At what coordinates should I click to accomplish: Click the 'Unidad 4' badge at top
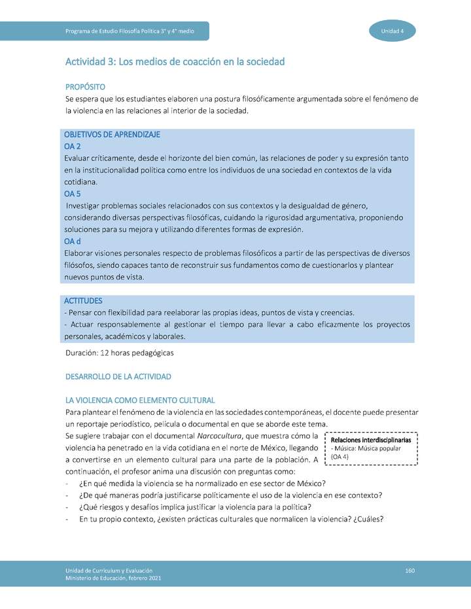click(392, 31)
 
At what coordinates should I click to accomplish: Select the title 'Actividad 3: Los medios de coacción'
click(175, 62)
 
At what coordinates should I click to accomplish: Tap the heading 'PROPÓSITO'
click(85, 87)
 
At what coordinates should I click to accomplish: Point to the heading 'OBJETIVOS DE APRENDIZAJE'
click(112, 135)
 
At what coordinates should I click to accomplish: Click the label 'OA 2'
click(72, 146)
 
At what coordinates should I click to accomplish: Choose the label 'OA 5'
click(72, 194)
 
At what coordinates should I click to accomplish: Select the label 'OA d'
click(72, 242)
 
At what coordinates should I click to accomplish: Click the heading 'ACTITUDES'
click(83, 301)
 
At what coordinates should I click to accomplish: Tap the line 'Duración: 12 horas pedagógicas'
click(120, 353)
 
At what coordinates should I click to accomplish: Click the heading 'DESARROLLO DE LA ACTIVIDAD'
click(118, 377)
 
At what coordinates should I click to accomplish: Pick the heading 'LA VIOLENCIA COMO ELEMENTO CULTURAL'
click(140, 400)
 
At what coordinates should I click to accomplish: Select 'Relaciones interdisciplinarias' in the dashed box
click(371, 440)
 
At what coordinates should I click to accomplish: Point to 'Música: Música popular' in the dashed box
click(368, 449)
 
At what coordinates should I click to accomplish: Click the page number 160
click(410, 571)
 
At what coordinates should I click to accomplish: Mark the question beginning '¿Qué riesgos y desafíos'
click(195, 507)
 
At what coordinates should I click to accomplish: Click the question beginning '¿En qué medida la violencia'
click(202, 484)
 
